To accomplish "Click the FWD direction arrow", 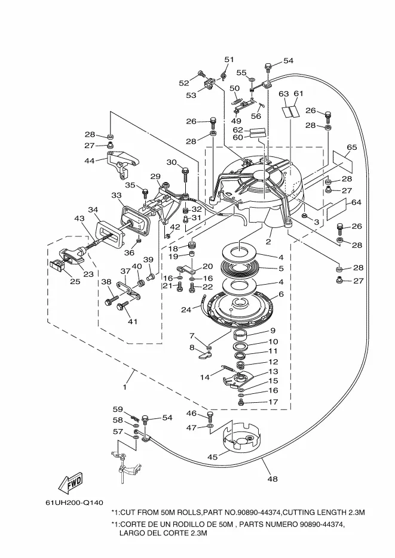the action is (x=70, y=483).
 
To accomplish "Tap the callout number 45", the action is (x=212, y=457).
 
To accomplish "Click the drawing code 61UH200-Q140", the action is (x=74, y=502).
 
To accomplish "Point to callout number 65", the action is (x=351, y=147).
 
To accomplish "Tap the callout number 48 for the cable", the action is (x=272, y=479).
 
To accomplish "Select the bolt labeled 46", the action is (x=210, y=415).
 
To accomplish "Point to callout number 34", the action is (x=93, y=209).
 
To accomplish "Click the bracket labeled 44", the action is (x=121, y=164).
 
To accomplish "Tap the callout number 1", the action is (x=125, y=387).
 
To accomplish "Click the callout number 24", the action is (x=186, y=310).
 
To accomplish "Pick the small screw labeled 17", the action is (x=241, y=402).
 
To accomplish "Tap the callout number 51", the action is (x=229, y=60).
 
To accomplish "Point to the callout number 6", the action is (x=281, y=294).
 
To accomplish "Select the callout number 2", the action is (x=268, y=242).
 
